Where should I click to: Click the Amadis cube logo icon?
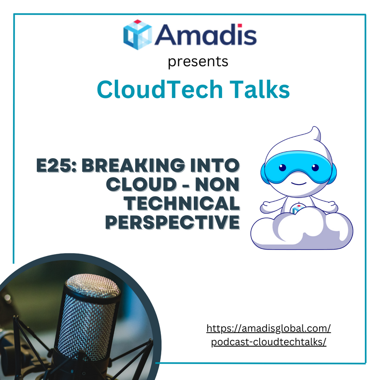tap(138, 35)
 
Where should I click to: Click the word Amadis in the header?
tap(206, 35)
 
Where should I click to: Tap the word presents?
tap(198, 62)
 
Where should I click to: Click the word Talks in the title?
tap(259, 89)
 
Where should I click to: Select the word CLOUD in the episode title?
tap(141, 185)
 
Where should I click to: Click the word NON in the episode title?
tap(217, 185)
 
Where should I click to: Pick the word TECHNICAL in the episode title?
tap(182, 204)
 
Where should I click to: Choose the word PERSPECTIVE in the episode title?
tap(173, 222)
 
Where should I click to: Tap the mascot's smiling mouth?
tap(299, 183)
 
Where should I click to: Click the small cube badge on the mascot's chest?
tap(297, 209)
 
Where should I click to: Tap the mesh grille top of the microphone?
tap(93, 286)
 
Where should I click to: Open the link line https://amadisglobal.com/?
tap(269, 328)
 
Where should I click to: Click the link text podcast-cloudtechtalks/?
tap(269, 342)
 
